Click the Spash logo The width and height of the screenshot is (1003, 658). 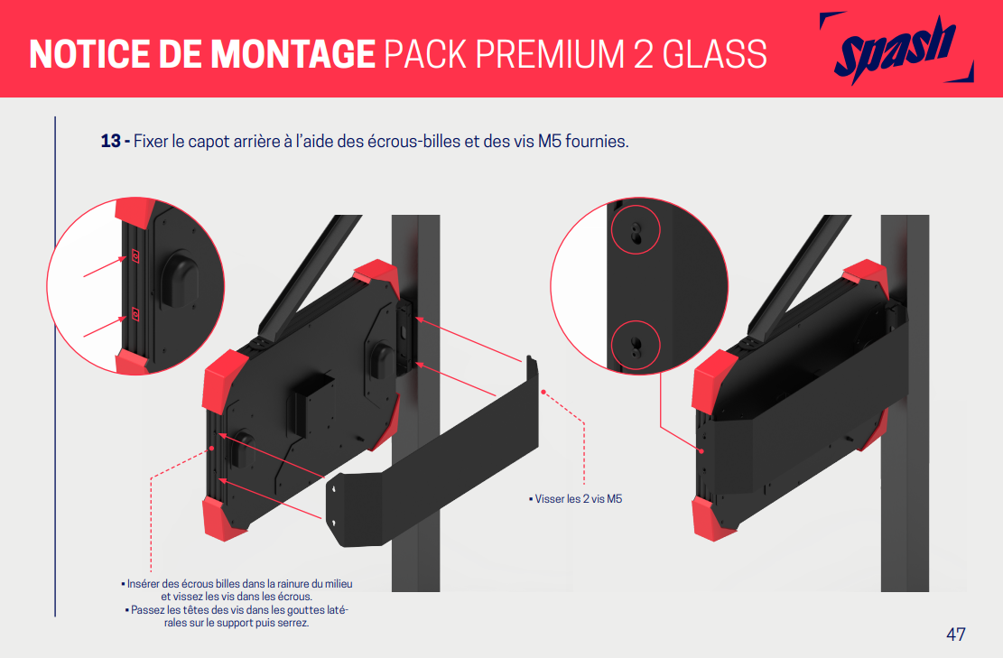pos(896,49)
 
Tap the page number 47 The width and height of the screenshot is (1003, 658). pos(956,635)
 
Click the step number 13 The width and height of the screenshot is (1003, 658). pos(110,141)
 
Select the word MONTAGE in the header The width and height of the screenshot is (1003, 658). pos(293,54)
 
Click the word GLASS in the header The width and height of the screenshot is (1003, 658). pos(714,54)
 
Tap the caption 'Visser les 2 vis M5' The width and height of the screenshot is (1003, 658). pos(576,499)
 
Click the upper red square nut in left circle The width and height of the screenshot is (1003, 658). pos(135,255)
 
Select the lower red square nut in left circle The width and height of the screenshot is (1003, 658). pos(135,314)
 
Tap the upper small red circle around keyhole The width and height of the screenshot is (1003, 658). pos(636,229)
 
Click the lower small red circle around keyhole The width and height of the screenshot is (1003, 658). pos(636,346)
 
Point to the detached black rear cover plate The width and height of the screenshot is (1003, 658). pos(432,451)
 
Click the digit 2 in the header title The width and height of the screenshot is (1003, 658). pos(644,54)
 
